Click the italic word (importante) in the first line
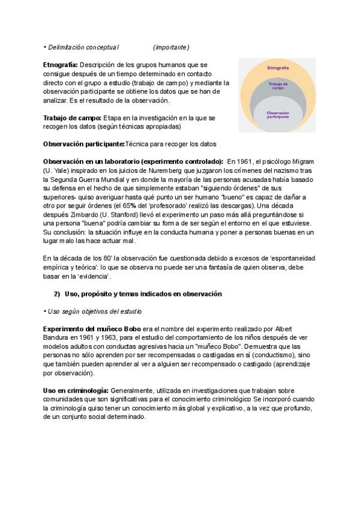click(x=171, y=47)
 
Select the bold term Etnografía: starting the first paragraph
click(x=60, y=64)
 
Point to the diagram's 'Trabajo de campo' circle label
click(x=278, y=86)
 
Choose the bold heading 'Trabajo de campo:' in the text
click(x=72, y=118)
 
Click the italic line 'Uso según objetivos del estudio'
click(x=94, y=312)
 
